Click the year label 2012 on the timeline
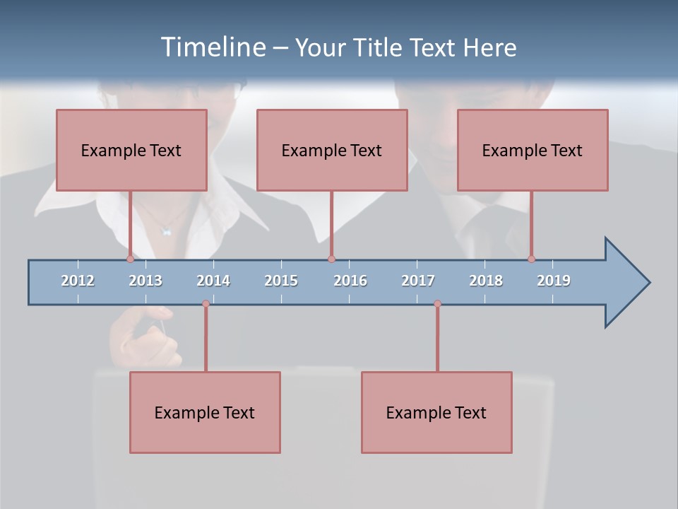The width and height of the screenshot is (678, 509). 78,281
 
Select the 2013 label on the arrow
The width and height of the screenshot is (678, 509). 145,281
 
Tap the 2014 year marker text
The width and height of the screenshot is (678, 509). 213,281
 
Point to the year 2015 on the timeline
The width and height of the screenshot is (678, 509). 281,281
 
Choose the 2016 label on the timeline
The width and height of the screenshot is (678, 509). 350,281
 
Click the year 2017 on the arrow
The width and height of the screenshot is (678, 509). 418,281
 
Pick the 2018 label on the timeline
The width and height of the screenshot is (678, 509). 486,281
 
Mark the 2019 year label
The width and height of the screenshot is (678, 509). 554,281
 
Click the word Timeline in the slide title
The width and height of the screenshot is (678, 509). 211,47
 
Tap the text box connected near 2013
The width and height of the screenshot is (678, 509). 131,150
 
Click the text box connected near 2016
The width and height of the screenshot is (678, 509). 332,150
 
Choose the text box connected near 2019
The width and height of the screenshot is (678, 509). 533,150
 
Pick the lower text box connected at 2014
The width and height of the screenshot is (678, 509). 205,412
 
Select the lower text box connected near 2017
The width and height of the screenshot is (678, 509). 436,412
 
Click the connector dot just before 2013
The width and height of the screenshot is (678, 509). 130,259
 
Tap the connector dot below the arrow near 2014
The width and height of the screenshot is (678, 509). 206,304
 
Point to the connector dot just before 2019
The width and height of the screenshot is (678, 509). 531,259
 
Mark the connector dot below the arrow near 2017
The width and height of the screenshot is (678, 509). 437,304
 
